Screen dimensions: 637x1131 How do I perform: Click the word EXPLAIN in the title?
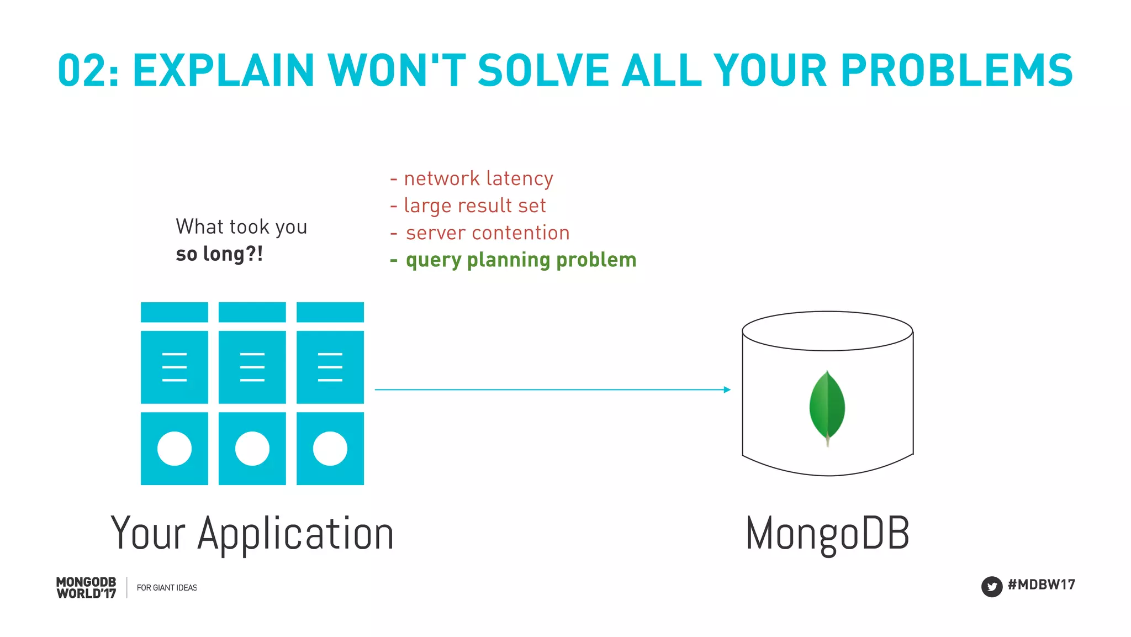(223, 71)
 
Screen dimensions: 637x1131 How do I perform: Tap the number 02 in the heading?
(81, 71)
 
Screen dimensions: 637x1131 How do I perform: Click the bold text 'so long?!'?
(219, 254)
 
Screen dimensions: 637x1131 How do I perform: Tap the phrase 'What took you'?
(241, 227)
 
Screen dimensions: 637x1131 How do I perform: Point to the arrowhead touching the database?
(727, 389)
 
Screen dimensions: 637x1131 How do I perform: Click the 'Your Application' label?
(252, 533)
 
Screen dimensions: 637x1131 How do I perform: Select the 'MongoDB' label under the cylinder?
(827, 533)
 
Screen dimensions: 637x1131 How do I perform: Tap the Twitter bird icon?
(991, 586)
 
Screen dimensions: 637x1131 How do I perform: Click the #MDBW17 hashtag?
(1041, 585)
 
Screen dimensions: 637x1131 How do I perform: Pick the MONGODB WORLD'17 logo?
(86, 588)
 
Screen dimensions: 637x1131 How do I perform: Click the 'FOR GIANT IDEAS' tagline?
(167, 588)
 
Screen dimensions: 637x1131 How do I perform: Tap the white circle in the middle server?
(252, 449)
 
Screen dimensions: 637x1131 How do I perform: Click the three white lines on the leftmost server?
(175, 367)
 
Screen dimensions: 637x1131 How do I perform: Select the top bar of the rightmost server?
(330, 312)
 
